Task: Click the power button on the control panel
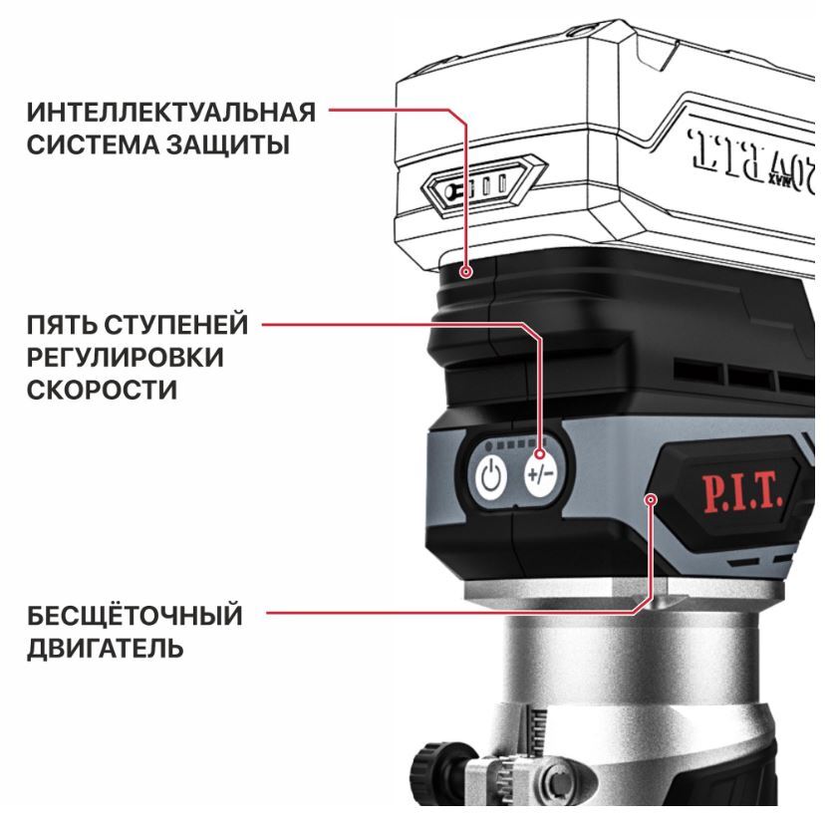(x=491, y=476)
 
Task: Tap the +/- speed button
(x=540, y=474)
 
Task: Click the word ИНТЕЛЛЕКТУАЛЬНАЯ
(x=171, y=113)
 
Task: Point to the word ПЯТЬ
(x=61, y=325)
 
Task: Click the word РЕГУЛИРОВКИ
(x=126, y=357)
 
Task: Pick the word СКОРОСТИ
(x=102, y=390)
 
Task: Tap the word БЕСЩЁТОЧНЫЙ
(x=135, y=615)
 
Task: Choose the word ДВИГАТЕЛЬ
(x=106, y=648)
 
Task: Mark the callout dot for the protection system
(x=466, y=272)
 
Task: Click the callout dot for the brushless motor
(x=651, y=499)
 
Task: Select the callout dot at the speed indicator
(x=540, y=454)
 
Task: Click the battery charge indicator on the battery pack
(x=484, y=186)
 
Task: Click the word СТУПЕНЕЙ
(x=175, y=325)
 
